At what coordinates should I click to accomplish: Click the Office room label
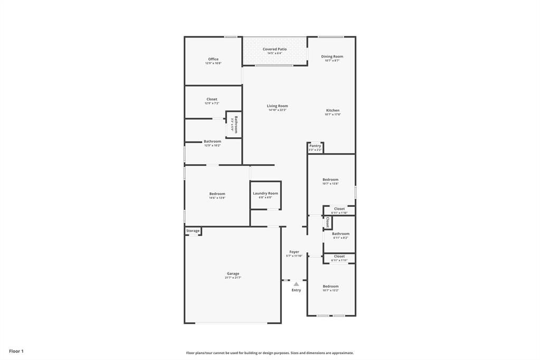coord(213,59)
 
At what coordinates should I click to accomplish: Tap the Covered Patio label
coord(274,49)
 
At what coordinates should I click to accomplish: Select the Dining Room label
coord(332,56)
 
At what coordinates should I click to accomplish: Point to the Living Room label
coord(277,106)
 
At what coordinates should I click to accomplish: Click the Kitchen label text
coord(333,110)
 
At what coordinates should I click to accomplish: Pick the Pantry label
coord(315,146)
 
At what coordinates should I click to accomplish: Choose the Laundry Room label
coord(265,193)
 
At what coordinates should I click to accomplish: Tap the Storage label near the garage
coord(193,231)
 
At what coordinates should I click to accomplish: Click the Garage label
coord(233,273)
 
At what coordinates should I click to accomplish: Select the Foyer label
coord(294,252)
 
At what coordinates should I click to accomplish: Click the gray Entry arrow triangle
coord(296,284)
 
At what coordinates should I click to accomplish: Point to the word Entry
coord(296,290)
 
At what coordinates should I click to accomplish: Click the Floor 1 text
coord(16,351)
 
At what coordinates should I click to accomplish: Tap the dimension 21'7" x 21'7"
coord(233,278)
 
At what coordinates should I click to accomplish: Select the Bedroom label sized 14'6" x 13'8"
coord(217,194)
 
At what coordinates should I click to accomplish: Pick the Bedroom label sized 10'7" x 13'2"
coord(330,286)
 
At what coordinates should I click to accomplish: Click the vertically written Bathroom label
coord(236,125)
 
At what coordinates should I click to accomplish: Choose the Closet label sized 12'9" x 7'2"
coord(212,99)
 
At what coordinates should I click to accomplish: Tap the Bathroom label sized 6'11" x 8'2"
coord(340,233)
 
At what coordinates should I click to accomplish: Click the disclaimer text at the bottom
coord(270,353)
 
